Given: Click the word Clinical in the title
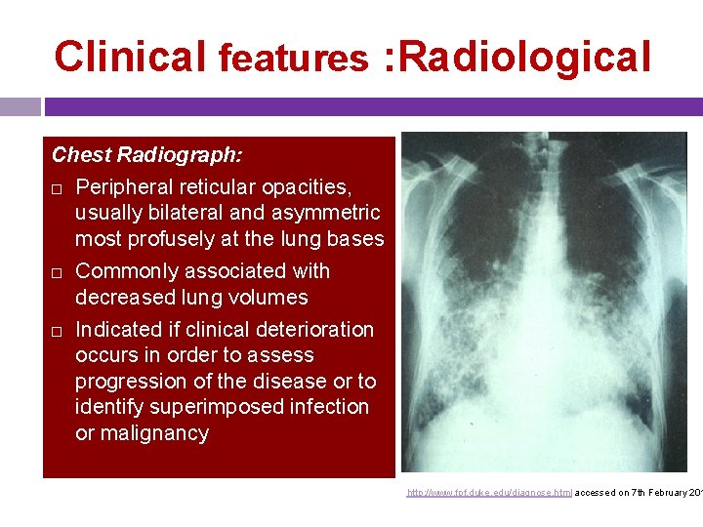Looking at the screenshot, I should (130, 57).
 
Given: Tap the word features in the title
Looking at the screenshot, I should (293, 59).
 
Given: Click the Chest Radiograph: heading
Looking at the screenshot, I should (147, 154).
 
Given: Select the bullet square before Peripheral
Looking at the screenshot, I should (59, 187).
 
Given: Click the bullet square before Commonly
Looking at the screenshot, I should (59, 272).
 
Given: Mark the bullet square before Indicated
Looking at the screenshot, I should (59, 331).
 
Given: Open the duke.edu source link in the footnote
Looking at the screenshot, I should (489, 493).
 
